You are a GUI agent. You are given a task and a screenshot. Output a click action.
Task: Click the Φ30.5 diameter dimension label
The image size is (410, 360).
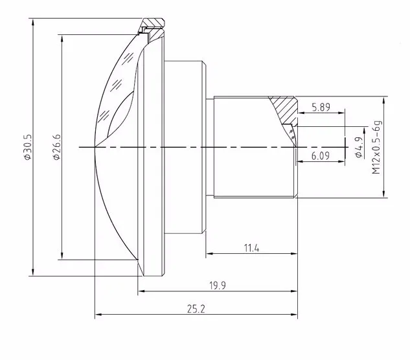(x=28, y=147)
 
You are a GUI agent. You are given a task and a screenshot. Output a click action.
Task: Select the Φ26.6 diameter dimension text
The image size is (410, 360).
(x=57, y=147)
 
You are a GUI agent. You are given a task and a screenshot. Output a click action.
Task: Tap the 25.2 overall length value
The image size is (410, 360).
(x=196, y=309)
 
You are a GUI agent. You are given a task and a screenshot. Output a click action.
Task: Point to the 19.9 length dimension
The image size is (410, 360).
(x=218, y=286)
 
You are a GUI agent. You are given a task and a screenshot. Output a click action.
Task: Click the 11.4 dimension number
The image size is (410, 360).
(x=251, y=248)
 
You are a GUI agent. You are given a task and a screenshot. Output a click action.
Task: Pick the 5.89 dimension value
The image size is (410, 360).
(x=321, y=107)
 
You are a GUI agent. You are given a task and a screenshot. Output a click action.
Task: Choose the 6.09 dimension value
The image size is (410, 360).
(x=321, y=156)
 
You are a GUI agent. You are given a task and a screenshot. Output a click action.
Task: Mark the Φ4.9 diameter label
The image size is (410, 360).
(x=359, y=148)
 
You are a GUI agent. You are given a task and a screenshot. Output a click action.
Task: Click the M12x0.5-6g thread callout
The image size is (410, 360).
(x=376, y=147)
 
